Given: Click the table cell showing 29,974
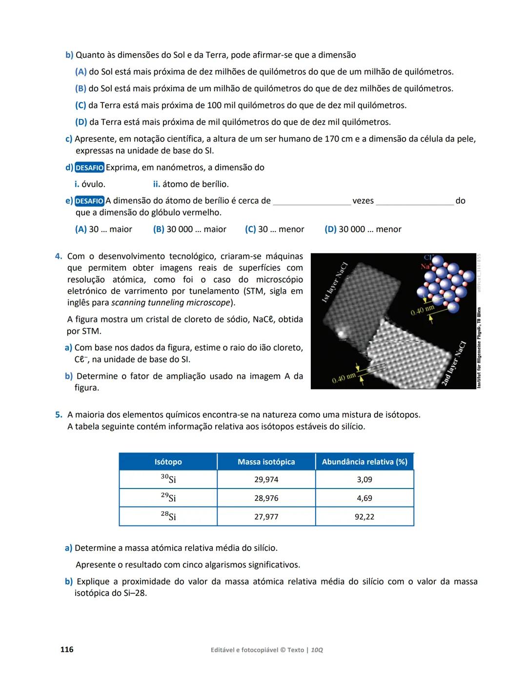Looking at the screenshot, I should pyautogui.click(x=266, y=479).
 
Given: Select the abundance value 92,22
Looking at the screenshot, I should pyautogui.click(x=364, y=517).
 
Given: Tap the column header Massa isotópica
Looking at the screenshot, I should pyautogui.click(x=266, y=462).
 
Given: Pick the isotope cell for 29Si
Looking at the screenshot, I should pyautogui.click(x=168, y=498).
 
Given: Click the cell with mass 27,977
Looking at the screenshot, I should pyautogui.click(x=266, y=517).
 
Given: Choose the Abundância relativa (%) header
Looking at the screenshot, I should pyautogui.click(x=364, y=462).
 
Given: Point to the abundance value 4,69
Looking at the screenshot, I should pyautogui.click(x=364, y=498).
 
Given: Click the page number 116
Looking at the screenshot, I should pyautogui.click(x=67, y=649).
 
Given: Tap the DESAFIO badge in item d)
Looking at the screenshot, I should pyautogui.click(x=89, y=168).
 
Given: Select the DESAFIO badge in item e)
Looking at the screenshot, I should pyautogui.click(x=89, y=201).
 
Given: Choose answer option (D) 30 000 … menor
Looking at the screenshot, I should pyautogui.click(x=363, y=229).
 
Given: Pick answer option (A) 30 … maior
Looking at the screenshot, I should pyautogui.click(x=103, y=229).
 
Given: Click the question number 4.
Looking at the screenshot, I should pyautogui.click(x=59, y=256).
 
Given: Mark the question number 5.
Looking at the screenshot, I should pyautogui.click(x=59, y=415).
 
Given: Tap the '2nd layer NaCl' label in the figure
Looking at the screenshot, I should pyautogui.click(x=453, y=364).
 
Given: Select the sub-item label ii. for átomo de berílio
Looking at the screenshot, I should pyautogui.click(x=157, y=184).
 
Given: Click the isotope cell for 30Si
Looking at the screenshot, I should pyautogui.click(x=168, y=479).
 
